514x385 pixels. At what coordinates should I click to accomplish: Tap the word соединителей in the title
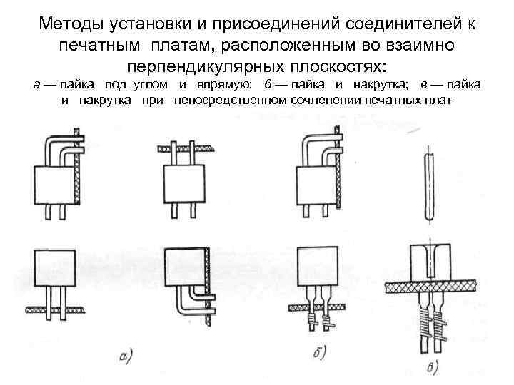tap(398, 25)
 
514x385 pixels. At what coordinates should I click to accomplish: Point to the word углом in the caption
tap(148, 85)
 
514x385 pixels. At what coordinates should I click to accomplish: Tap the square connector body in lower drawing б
tap(317, 267)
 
